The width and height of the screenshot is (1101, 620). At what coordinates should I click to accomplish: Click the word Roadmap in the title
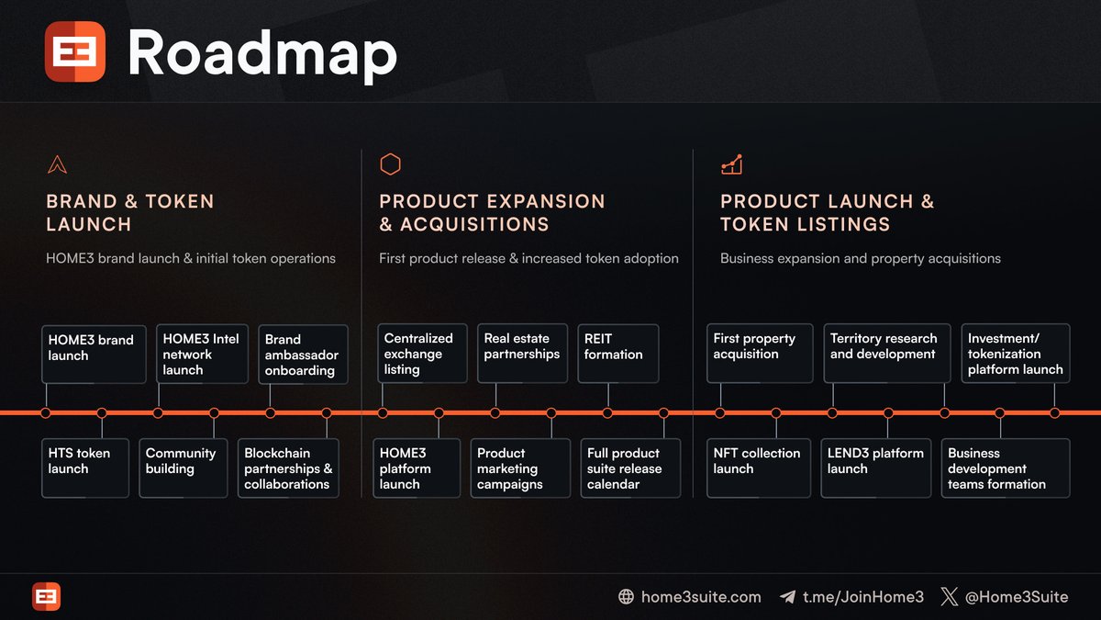click(x=261, y=53)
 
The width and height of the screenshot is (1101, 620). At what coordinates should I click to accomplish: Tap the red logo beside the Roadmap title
click(x=75, y=52)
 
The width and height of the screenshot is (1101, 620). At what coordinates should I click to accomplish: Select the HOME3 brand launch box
click(x=94, y=353)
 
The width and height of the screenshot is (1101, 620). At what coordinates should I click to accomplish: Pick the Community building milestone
click(x=183, y=468)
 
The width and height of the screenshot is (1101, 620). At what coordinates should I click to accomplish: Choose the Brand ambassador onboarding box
click(x=303, y=354)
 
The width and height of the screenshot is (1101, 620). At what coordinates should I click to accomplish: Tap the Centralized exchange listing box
click(x=420, y=354)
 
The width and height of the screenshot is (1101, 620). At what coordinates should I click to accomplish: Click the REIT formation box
click(x=618, y=353)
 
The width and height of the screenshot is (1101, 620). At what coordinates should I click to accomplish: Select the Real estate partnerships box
click(x=521, y=353)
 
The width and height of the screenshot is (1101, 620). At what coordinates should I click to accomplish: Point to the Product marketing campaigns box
click(x=520, y=468)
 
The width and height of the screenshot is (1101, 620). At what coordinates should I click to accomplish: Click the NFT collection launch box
click(x=759, y=468)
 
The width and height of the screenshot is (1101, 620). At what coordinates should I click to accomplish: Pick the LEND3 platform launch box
click(x=876, y=468)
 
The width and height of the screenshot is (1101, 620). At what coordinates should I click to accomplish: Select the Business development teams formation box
click(x=1005, y=468)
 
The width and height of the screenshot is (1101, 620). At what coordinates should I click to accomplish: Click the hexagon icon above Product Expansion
click(x=391, y=164)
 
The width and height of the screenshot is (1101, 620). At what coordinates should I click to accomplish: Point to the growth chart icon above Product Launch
click(x=731, y=164)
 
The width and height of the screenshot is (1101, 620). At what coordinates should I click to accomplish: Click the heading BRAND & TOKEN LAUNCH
click(x=129, y=212)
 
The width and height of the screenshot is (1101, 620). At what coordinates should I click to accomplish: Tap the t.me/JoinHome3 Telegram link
click(x=862, y=597)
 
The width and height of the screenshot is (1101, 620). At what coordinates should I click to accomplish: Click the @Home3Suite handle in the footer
click(x=1016, y=597)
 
